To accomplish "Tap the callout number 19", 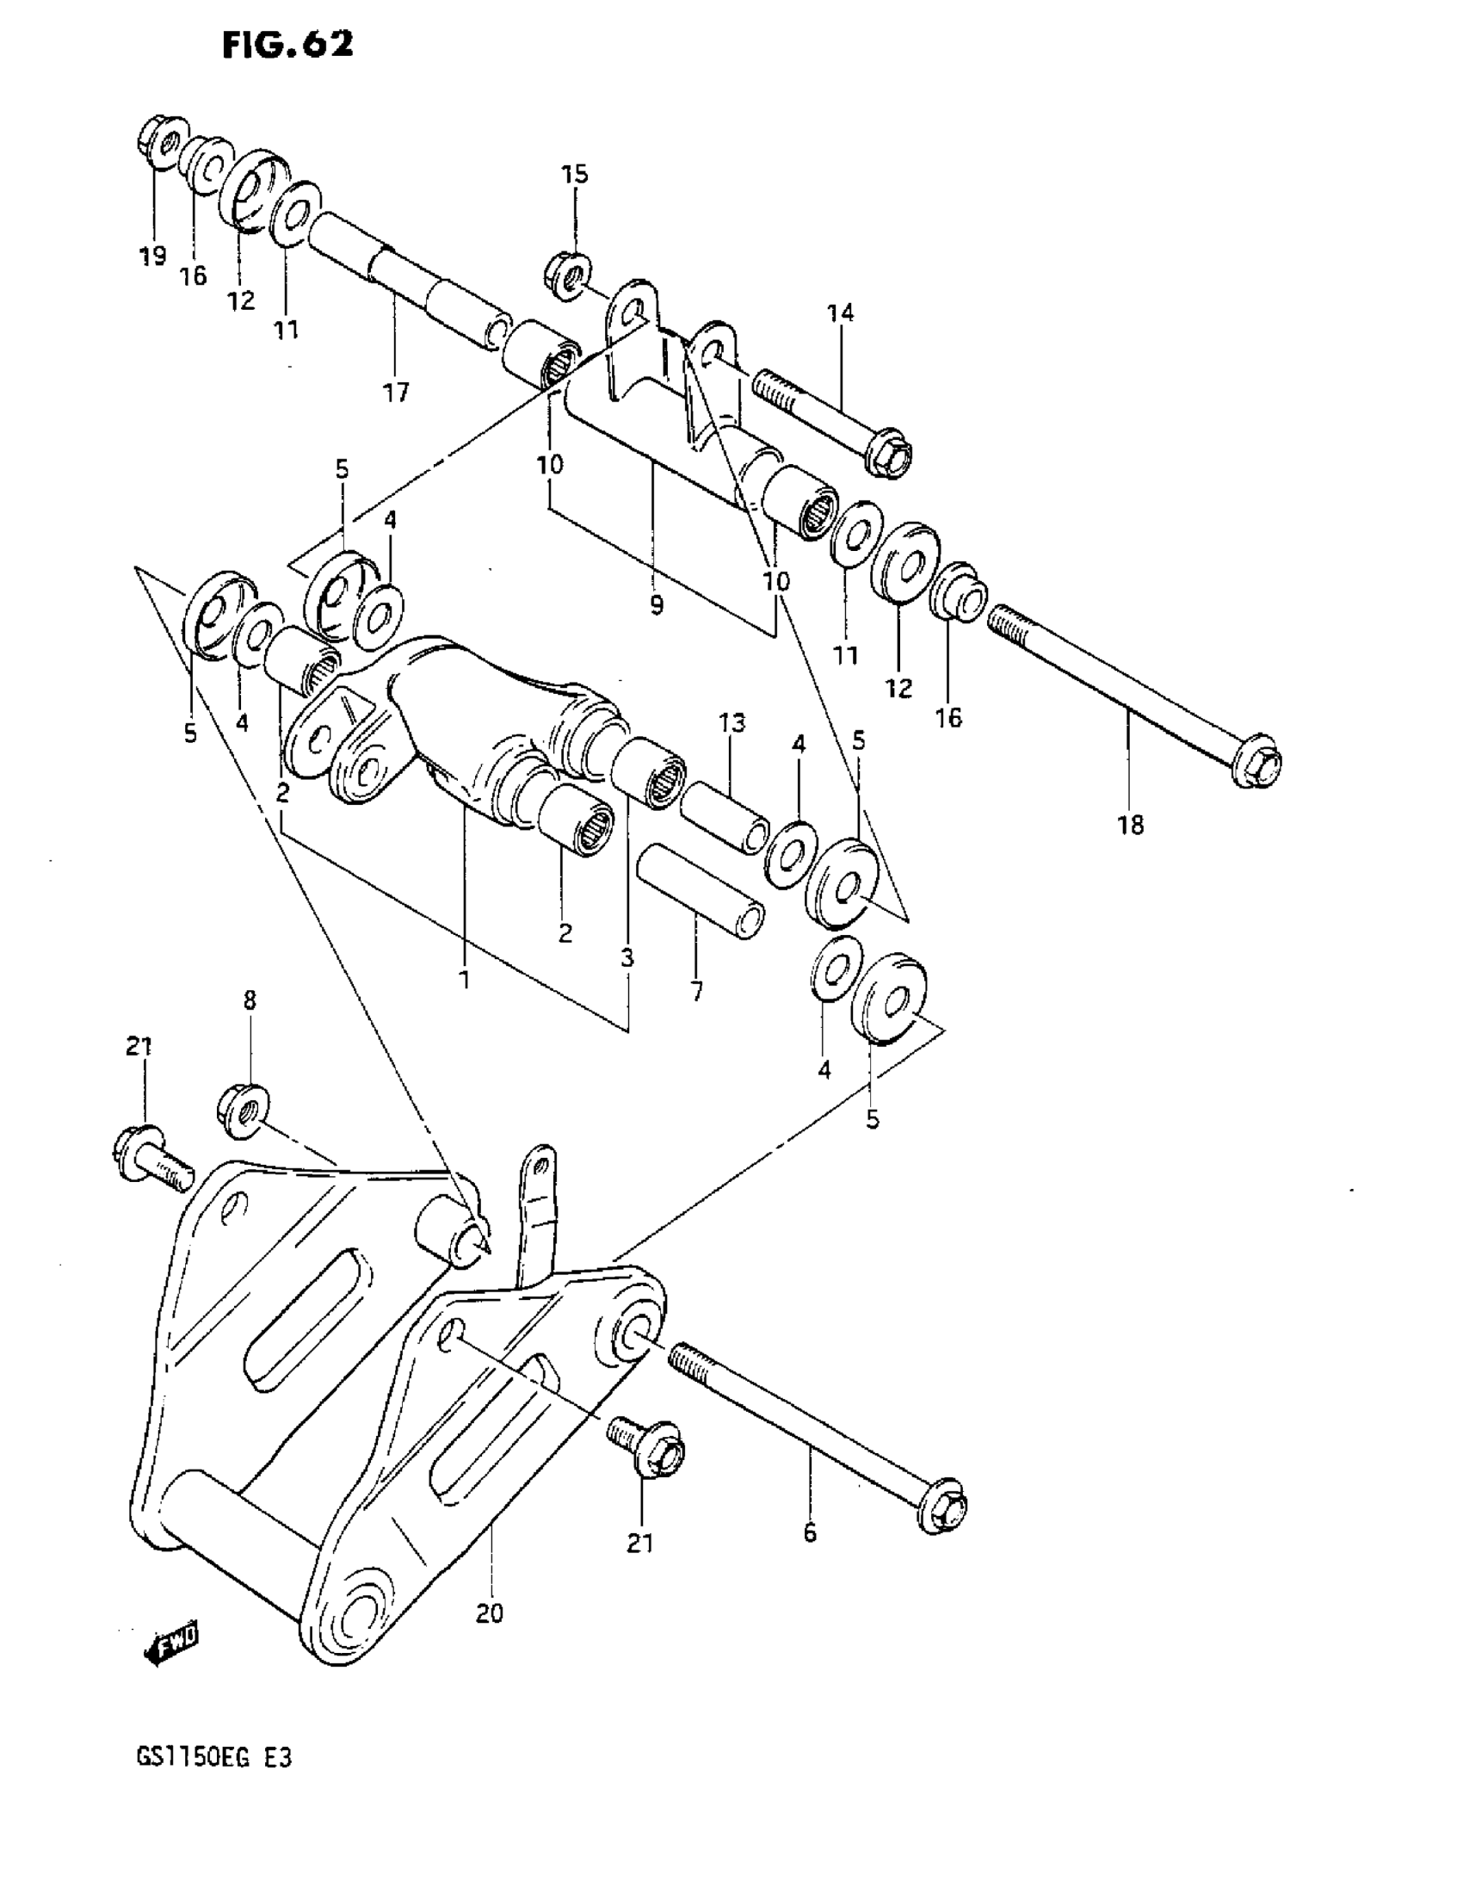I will pos(152,256).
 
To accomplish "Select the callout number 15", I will pos(574,174).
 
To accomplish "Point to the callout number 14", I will pos(840,313).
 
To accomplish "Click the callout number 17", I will pos(396,393).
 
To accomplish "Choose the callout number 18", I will pos(1131,825).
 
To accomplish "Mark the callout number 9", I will pos(656,604).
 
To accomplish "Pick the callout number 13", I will pos(732,722).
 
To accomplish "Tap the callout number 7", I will pos(697,991).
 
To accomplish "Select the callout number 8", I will pos(250,1000).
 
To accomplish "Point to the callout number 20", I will pos(490,1614).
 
